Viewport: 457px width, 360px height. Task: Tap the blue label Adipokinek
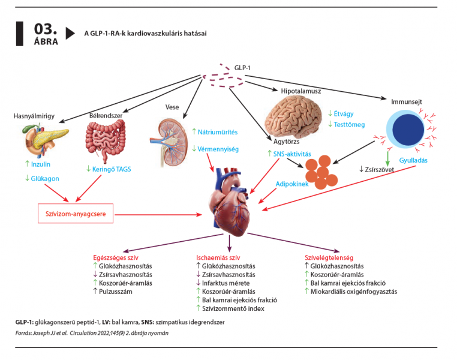tap(292, 184)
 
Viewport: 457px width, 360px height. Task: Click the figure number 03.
tap(45, 28)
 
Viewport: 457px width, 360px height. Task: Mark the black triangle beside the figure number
tap(71, 33)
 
